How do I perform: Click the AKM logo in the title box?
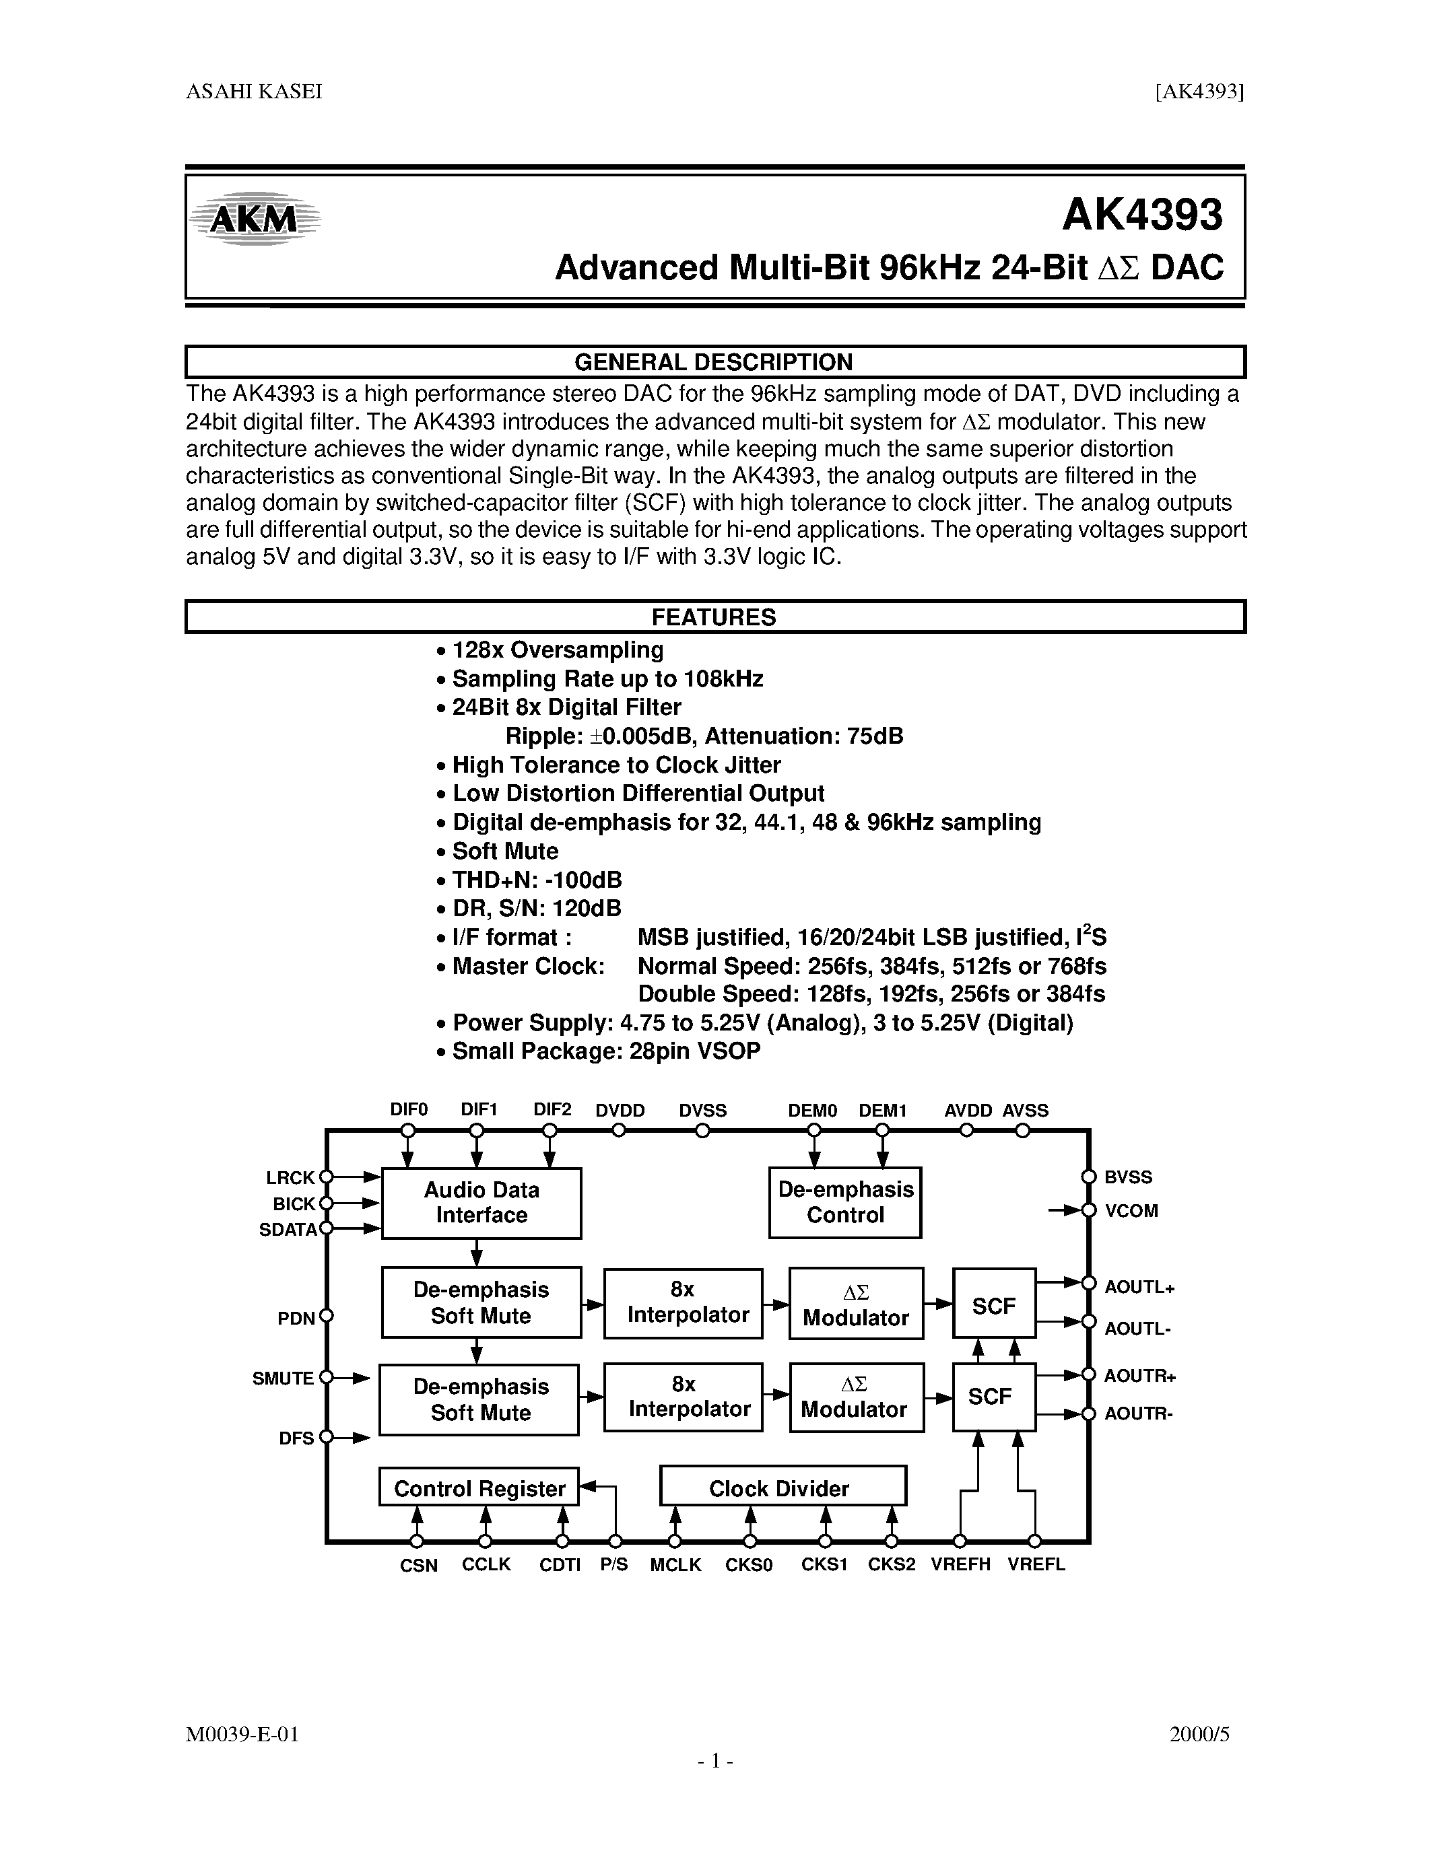(x=255, y=219)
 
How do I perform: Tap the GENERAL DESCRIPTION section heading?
(x=714, y=362)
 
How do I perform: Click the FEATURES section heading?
(x=714, y=617)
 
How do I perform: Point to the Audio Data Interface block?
(x=481, y=1203)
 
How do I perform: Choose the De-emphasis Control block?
(x=845, y=1203)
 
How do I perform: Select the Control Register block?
(x=479, y=1488)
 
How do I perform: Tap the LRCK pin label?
(x=290, y=1177)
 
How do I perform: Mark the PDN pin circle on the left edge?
(x=327, y=1316)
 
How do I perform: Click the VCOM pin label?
(x=1131, y=1210)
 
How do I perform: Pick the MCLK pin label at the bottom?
(x=675, y=1566)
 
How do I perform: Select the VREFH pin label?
(x=960, y=1564)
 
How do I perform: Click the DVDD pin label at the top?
(x=620, y=1110)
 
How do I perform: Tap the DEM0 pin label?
(x=812, y=1110)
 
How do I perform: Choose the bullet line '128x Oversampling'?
(x=557, y=650)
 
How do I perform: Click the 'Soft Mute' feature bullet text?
(x=505, y=851)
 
